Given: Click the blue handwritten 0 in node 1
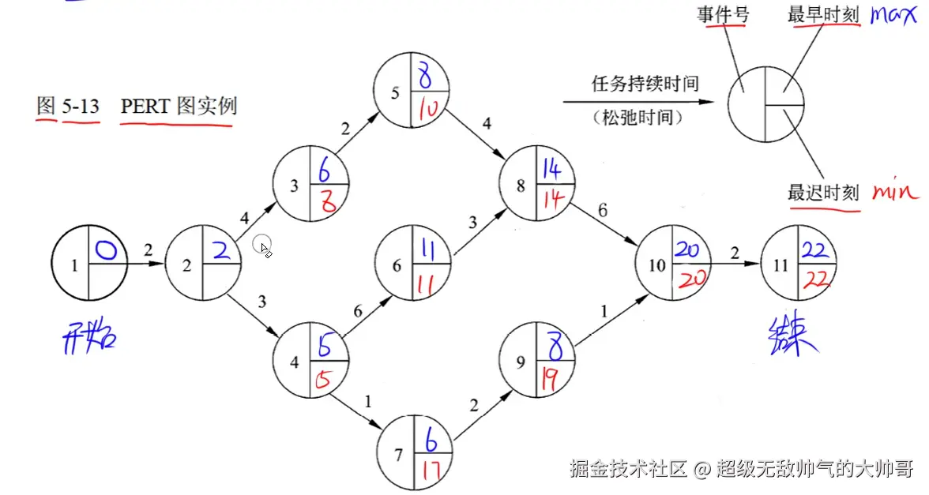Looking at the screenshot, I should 107,251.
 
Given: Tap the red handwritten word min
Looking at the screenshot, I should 895,191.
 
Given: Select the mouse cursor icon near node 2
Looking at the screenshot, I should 264,249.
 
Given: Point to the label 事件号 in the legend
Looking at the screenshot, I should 723,14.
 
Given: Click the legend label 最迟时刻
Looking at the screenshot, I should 822,192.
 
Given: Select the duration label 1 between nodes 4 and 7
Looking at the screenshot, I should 367,401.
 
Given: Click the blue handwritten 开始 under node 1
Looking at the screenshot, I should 88,339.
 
